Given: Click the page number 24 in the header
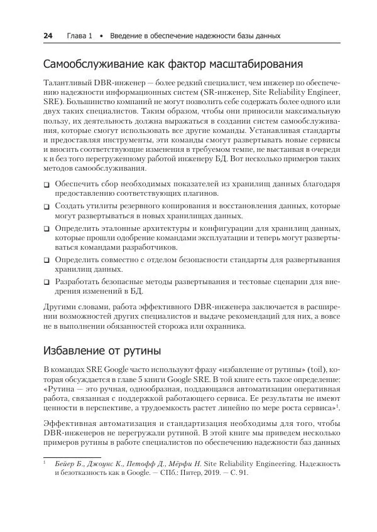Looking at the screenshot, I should [47, 36].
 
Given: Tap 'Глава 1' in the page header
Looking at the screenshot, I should [80, 36].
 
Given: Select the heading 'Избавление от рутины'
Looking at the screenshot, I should [102, 349].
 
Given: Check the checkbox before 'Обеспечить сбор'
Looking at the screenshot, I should [46, 185].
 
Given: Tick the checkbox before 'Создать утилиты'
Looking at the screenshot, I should [46, 206].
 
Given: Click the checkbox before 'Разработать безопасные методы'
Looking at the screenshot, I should [46, 282].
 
